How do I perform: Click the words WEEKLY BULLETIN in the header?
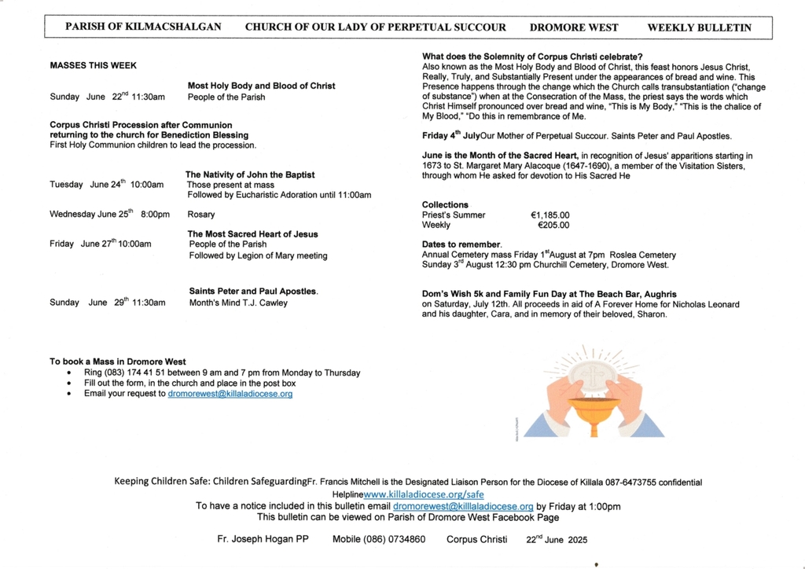[699, 28]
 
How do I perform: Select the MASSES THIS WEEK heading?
[93, 66]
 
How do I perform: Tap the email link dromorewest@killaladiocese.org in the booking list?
[230, 394]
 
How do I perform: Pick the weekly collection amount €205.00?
[553, 226]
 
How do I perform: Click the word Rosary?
[201, 215]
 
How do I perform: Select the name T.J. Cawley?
[264, 303]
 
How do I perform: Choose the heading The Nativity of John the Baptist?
[250, 174]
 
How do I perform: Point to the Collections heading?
[445, 204]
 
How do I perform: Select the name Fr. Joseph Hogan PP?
[263, 540]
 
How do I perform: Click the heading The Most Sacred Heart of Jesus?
[252, 234]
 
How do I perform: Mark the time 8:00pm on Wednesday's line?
[155, 215]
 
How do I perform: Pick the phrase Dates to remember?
[461, 244]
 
